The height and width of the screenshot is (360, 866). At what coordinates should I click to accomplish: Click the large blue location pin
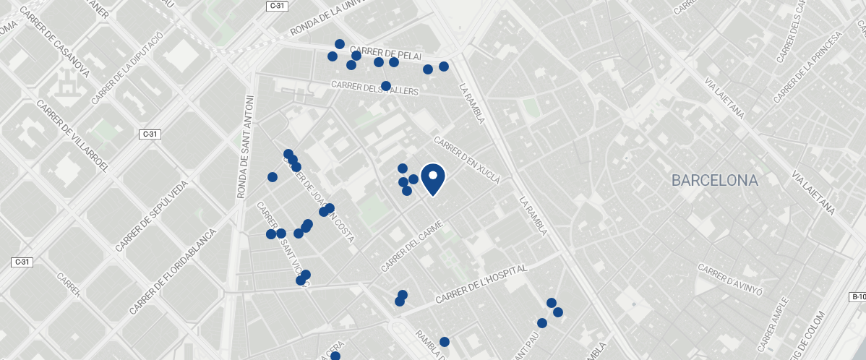coord(432,179)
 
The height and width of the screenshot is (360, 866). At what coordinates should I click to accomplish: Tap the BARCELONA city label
coord(714,181)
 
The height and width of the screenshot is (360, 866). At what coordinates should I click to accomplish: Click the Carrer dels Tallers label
coord(374,87)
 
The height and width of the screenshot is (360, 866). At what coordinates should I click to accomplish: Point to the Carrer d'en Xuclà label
coord(467,160)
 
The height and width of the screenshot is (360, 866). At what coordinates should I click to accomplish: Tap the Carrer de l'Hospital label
coord(482,284)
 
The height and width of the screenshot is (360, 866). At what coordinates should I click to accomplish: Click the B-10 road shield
coord(857,297)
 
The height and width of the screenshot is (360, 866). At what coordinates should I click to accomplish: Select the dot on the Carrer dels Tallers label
coord(386,86)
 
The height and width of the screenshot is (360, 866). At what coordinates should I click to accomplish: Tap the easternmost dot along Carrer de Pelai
coord(444,67)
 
